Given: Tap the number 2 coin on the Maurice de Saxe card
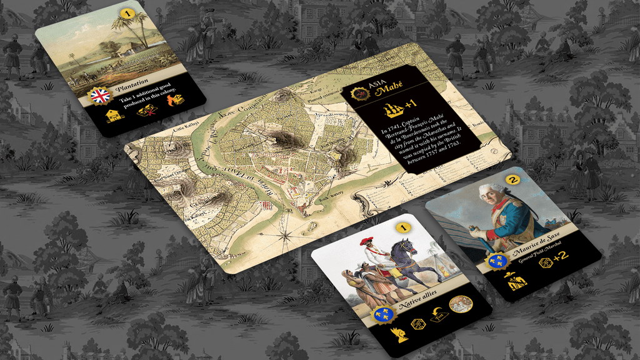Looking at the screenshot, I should pos(513,180).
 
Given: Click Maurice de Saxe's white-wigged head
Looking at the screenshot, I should pos(490,194).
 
